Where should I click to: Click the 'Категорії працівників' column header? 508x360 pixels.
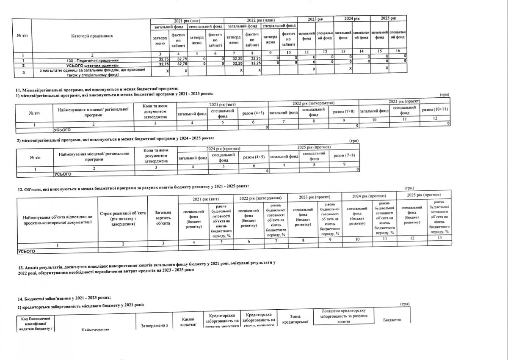pyautogui.click(x=92, y=36)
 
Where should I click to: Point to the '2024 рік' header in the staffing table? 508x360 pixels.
pyautogui.click(x=351, y=19)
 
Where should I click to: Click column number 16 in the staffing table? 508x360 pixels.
pyautogui.click(x=398, y=52)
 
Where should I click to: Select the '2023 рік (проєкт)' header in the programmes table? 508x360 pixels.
pyautogui.click(x=403, y=103)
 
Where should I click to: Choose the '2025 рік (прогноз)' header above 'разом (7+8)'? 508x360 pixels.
pyautogui.click(x=314, y=147)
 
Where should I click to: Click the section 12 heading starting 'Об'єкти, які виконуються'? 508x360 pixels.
pyautogui.click(x=135, y=187)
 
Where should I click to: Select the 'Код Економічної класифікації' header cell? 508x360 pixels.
pyautogui.click(x=35, y=323)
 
